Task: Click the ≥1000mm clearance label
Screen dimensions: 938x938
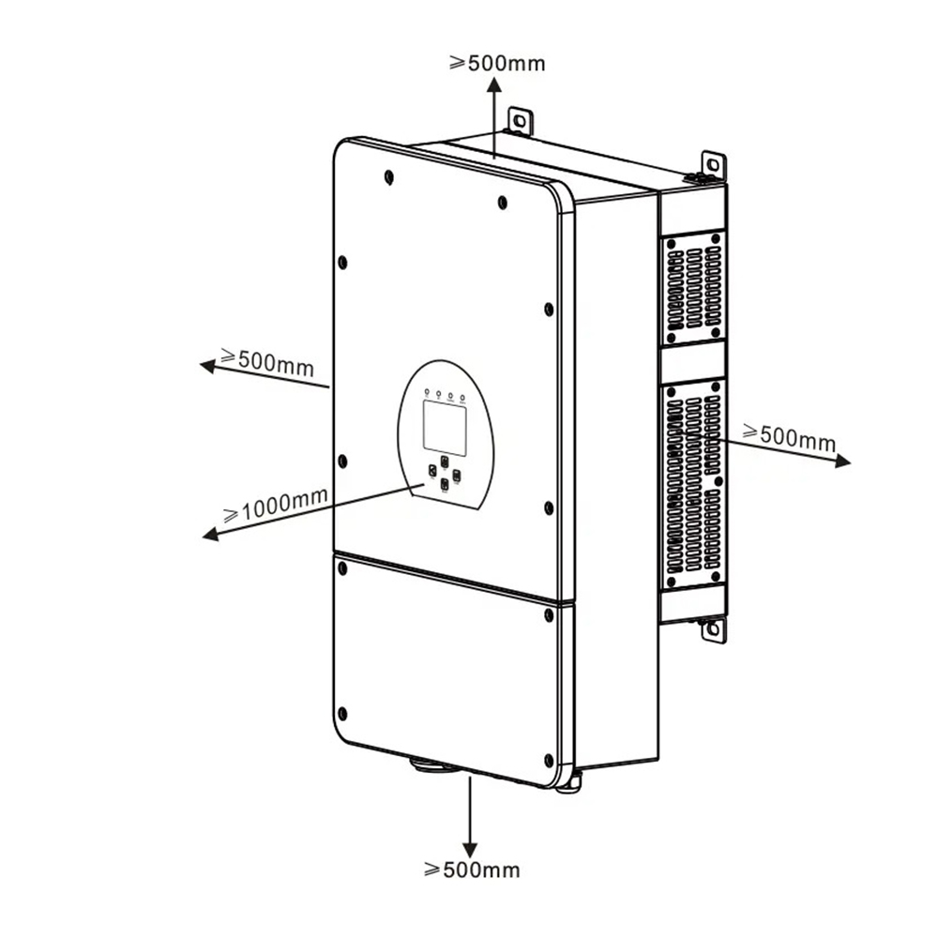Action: pos(275,505)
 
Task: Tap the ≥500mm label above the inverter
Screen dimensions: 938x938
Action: pos(497,63)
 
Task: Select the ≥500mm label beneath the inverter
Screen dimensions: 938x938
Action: pos(472,870)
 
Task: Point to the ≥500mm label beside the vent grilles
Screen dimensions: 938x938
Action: pos(789,436)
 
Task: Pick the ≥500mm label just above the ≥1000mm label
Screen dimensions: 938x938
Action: pos(266,361)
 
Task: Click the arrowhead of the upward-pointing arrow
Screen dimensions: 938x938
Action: pos(494,86)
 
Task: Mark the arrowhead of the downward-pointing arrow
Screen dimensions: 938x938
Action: pos(470,849)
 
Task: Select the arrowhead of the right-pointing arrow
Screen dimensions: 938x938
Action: pos(842,461)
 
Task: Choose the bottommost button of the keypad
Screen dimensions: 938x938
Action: pos(445,483)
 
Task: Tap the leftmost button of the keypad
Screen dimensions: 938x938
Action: pos(432,470)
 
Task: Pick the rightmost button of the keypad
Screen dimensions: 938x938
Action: pos(457,475)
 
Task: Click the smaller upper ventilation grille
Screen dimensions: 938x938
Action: pos(693,288)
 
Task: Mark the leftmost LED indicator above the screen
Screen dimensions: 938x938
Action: pos(427,392)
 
